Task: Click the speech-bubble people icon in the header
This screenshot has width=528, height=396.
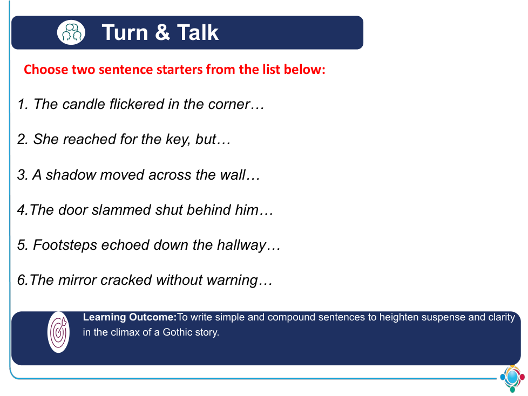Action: (71, 32)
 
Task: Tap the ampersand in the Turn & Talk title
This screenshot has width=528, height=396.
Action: (163, 32)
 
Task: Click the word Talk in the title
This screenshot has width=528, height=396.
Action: (198, 32)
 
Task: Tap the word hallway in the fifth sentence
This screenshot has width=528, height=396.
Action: (241, 245)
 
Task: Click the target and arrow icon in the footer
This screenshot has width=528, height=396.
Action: (59, 332)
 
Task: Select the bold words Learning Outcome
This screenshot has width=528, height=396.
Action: (130, 317)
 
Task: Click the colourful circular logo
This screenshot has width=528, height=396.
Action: (512, 378)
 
